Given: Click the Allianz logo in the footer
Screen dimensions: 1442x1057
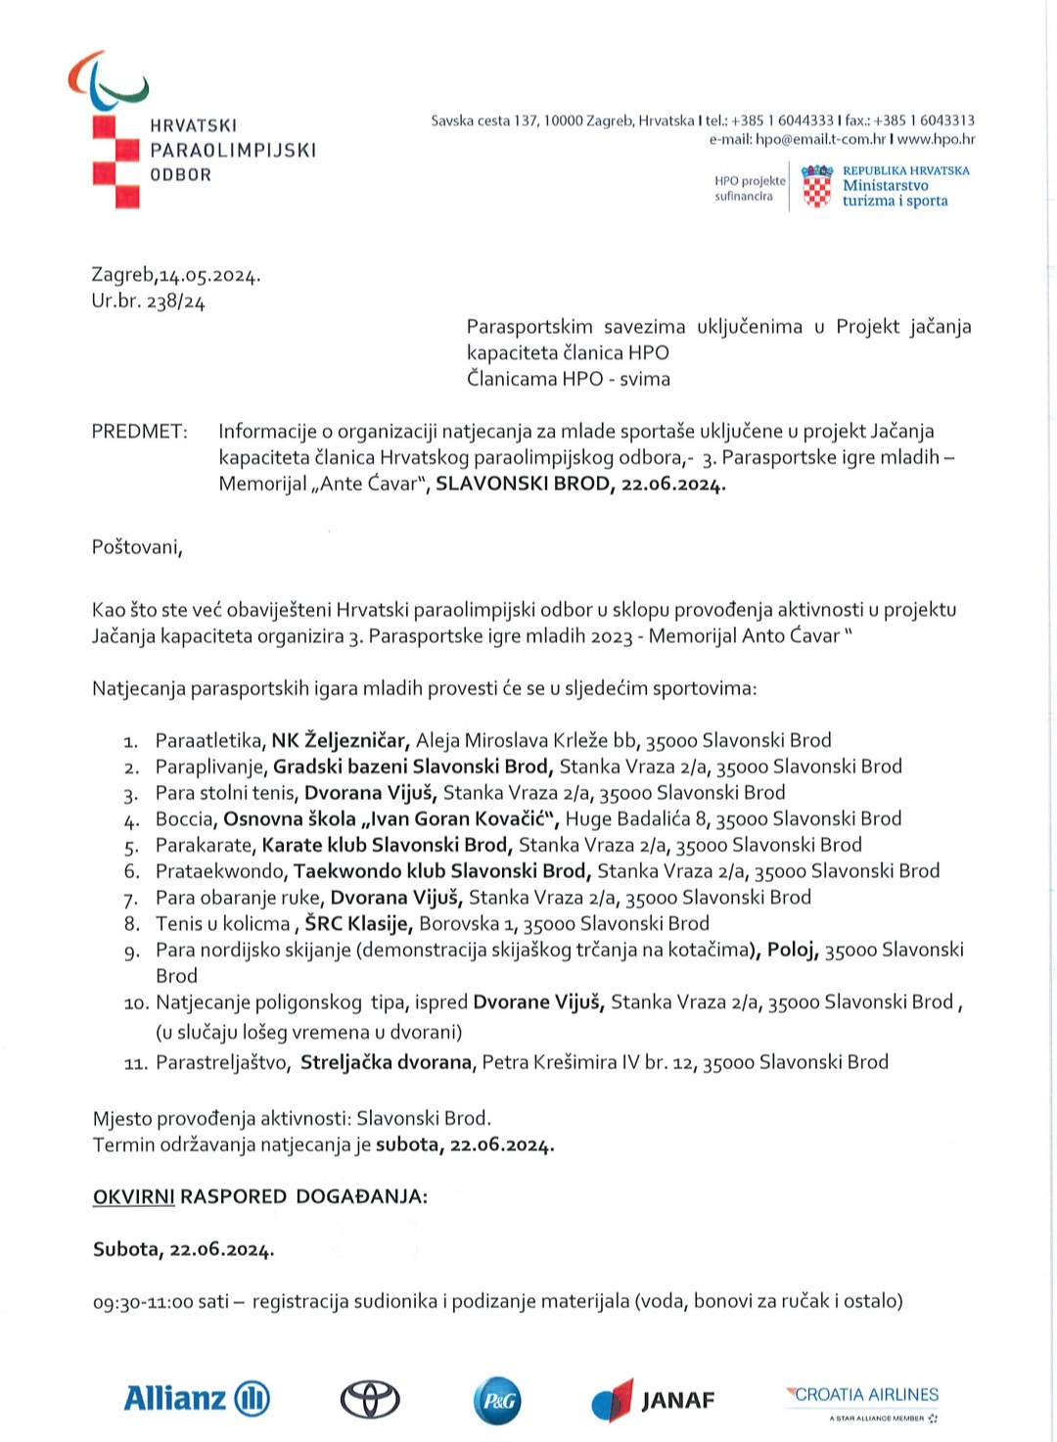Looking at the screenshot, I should (x=197, y=1398).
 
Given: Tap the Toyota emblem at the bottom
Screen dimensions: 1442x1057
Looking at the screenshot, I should (x=369, y=1400).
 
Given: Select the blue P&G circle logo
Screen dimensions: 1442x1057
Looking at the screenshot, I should (x=497, y=1400).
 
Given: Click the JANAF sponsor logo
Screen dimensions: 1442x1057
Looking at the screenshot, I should (x=654, y=1400).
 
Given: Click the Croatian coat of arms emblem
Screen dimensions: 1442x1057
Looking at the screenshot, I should (x=816, y=186).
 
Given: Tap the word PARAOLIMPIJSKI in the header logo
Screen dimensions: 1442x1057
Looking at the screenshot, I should (x=233, y=150).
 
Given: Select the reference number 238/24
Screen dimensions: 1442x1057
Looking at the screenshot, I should (x=175, y=302).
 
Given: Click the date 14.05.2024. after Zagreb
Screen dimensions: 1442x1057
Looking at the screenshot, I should (x=210, y=275).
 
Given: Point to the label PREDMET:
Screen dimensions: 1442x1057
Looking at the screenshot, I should (x=139, y=431).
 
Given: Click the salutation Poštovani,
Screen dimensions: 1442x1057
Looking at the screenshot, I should (x=137, y=546).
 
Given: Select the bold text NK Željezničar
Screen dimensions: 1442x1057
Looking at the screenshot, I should (x=339, y=740).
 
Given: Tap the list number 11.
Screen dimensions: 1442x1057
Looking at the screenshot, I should (x=136, y=1063).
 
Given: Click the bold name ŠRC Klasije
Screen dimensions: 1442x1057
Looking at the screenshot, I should (x=358, y=923).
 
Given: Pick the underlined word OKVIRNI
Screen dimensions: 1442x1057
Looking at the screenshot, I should (x=133, y=1196).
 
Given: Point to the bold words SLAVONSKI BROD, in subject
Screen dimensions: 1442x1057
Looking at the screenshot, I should (x=525, y=484).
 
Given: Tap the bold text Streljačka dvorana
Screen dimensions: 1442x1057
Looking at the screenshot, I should (x=386, y=1062).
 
